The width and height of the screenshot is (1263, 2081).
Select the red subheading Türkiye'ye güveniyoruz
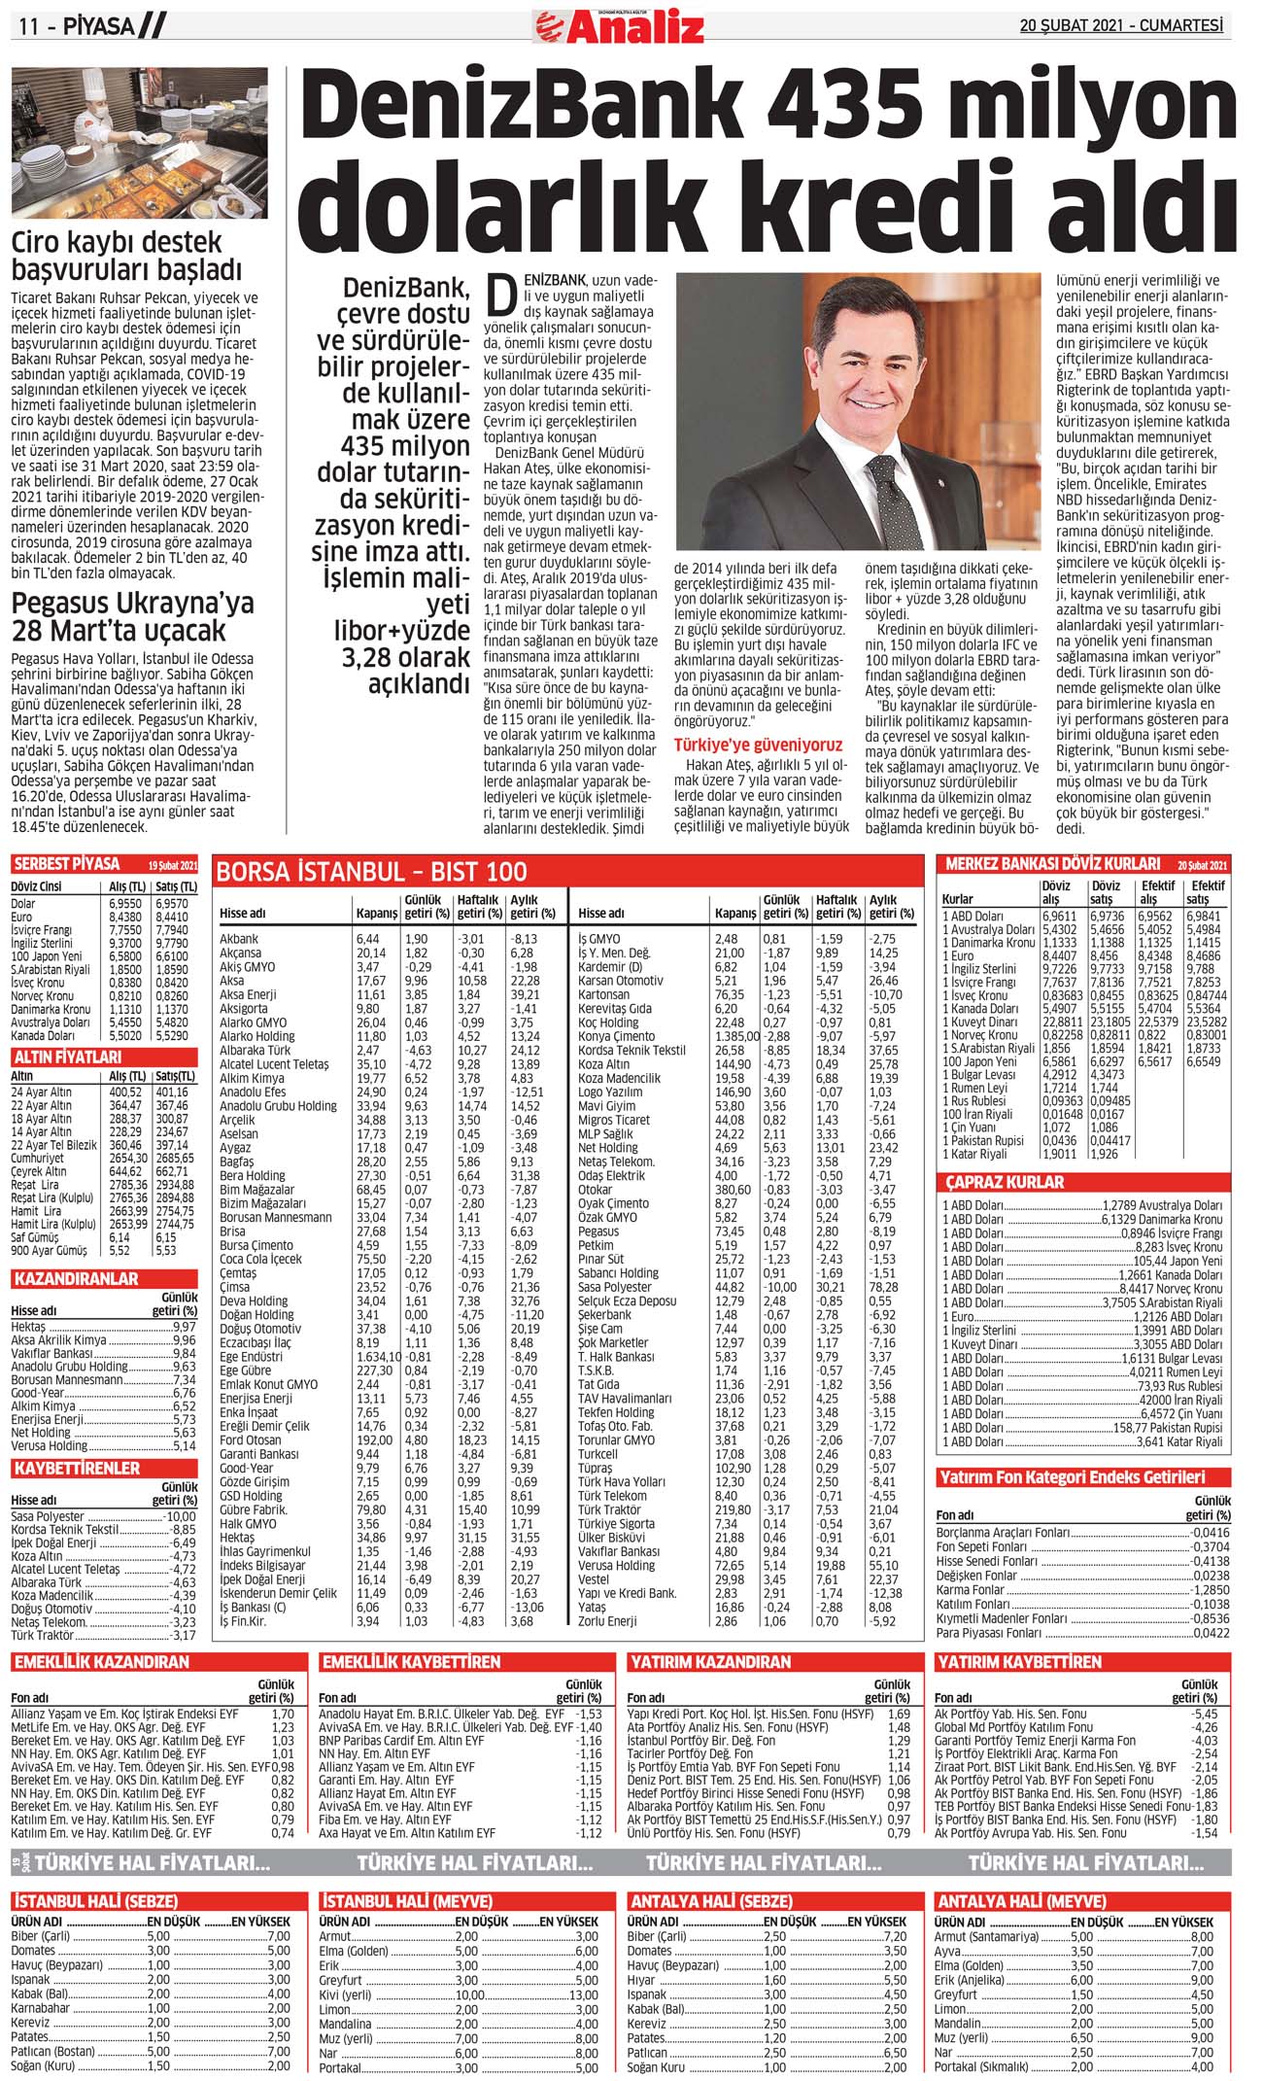click(x=745, y=745)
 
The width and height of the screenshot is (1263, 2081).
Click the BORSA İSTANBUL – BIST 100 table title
click(x=371, y=871)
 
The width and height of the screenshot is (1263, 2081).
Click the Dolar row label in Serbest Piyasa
click(x=23, y=904)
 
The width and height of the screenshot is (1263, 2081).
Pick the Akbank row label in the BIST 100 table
click(x=239, y=939)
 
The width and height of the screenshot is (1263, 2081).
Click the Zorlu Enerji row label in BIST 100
click(x=607, y=1621)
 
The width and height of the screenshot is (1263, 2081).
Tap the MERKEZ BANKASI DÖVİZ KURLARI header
click(x=1052, y=863)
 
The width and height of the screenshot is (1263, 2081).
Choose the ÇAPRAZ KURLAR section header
click(x=1005, y=1182)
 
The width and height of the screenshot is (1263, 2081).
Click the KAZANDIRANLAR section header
click(x=76, y=1279)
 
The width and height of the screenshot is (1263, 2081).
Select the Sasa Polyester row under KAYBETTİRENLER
click(x=48, y=1516)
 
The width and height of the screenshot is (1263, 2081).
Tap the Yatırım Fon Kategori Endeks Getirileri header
click(x=1072, y=1477)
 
